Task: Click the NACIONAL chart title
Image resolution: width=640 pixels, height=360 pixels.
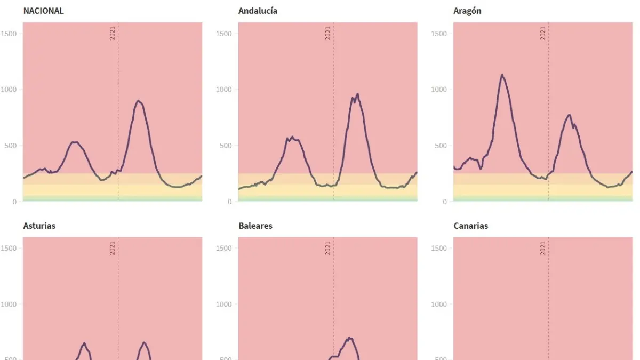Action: [43, 11]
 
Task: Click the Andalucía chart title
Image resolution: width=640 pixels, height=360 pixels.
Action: [258, 11]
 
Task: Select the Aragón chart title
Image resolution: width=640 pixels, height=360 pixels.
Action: [467, 11]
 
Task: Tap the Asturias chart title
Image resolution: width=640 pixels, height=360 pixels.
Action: [39, 226]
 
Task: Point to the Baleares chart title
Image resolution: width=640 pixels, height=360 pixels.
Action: [255, 226]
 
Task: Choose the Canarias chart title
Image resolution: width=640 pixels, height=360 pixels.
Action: [470, 226]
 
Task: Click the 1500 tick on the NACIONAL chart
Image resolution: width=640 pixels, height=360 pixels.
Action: [10, 34]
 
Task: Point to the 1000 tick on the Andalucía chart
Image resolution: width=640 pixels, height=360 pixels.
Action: [225, 90]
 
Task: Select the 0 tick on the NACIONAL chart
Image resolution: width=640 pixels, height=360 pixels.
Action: [15, 202]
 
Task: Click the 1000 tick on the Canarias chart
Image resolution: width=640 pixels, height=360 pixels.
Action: [440, 305]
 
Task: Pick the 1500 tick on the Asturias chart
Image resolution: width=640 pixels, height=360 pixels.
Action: [10, 248]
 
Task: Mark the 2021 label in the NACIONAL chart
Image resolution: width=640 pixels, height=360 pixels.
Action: [113, 33]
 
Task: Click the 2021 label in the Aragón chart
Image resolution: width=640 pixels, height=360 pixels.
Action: [543, 33]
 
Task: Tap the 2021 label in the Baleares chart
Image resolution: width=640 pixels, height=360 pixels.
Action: [327, 248]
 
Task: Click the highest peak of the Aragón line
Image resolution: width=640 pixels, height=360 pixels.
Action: [502, 75]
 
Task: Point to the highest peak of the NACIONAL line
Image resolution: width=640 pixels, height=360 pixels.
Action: [138, 100]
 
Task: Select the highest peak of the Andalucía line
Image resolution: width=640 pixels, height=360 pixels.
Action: [357, 94]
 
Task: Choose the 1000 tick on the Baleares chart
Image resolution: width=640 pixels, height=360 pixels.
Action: [225, 305]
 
